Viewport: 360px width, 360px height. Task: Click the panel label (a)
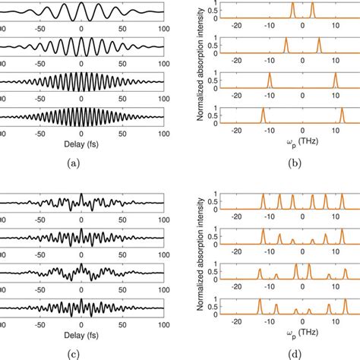click(81, 161)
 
